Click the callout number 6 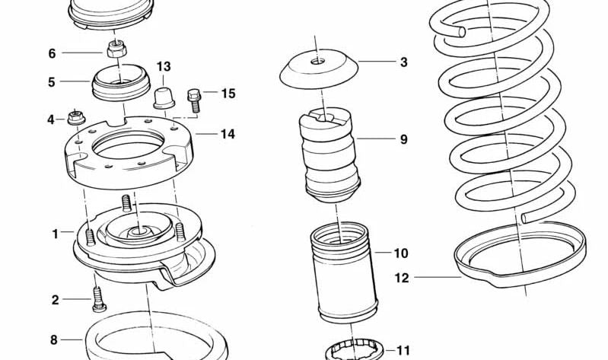click(52, 53)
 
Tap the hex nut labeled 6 click(115, 49)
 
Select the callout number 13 click(164, 67)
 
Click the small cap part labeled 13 click(164, 98)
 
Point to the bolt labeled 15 click(194, 100)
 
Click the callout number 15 click(228, 94)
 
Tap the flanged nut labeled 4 click(76, 117)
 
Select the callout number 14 click(228, 134)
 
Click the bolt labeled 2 click(99, 299)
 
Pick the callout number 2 click(55, 300)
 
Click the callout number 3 click(403, 62)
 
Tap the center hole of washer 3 click(317, 61)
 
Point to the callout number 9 click(403, 139)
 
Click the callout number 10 click(401, 253)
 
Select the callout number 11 click(403, 351)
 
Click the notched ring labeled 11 click(354, 349)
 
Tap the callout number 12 click(402, 278)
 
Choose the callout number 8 click(54, 340)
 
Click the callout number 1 click(56, 234)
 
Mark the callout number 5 click(52, 82)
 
